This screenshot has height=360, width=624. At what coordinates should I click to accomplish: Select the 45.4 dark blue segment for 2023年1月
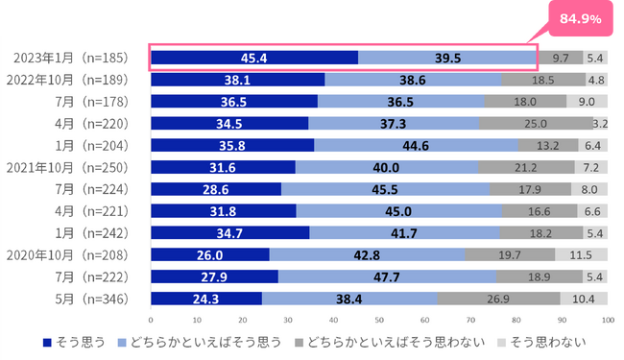(254, 58)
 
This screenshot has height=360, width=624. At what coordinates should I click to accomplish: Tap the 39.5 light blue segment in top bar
(447, 58)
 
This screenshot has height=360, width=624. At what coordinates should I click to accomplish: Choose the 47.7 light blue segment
(387, 277)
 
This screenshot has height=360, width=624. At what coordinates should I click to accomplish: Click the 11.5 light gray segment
(582, 255)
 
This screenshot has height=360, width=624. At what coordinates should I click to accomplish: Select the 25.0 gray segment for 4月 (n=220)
(535, 124)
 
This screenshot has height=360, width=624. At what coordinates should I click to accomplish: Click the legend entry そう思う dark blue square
(48, 341)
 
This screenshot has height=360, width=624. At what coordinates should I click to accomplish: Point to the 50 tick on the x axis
(379, 319)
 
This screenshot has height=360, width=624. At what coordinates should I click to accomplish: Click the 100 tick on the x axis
(606, 319)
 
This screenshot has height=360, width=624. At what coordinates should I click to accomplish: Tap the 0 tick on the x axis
(152, 319)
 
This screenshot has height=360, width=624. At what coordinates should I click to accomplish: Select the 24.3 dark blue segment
(206, 300)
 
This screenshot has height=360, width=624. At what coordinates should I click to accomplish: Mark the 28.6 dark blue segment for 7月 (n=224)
(216, 190)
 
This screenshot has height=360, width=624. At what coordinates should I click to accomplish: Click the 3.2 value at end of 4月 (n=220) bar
(600, 124)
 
